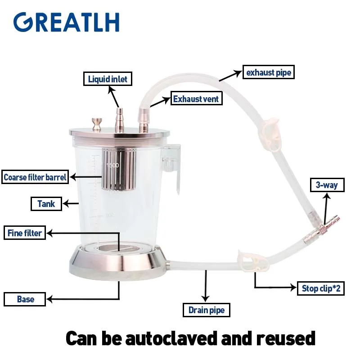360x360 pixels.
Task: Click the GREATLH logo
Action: click(x=66, y=22)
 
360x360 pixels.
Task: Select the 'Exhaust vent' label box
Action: click(x=196, y=99)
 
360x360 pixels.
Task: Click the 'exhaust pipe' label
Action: click(x=269, y=72)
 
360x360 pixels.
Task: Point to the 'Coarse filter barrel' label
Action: click(x=35, y=177)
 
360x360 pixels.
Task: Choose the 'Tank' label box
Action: click(x=46, y=204)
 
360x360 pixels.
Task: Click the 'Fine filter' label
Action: click(x=25, y=233)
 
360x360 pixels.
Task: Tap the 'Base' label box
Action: click(x=25, y=299)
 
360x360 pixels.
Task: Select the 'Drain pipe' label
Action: click(x=207, y=310)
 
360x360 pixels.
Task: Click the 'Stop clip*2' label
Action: click(x=321, y=288)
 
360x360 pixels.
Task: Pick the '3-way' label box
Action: click(x=327, y=184)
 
